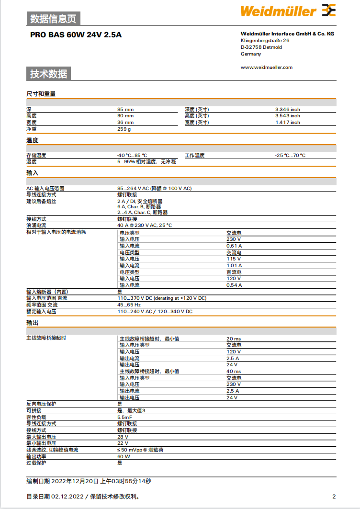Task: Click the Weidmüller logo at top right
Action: [x=288, y=11]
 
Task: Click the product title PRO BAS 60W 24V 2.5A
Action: [x=76, y=34]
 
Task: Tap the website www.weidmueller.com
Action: [x=266, y=68]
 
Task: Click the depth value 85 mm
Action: [x=125, y=110]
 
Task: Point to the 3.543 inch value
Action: [x=287, y=116]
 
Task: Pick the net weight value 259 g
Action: [x=124, y=129]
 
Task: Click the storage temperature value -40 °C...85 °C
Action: [x=132, y=156]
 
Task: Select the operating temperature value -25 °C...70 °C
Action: [x=290, y=156]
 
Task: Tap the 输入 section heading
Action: [x=32, y=172]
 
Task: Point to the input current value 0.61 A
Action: [x=234, y=246]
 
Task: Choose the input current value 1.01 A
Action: [x=234, y=265]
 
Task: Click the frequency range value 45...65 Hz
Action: [x=129, y=305]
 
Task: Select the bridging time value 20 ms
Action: [x=234, y=339]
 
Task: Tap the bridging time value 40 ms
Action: [x=234, y=371]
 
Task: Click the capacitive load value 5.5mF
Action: [x=125, y=417]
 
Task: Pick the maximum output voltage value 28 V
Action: [x=123, y=437]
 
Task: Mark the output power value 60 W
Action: [x=124, y=456]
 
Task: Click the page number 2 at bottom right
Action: [x=334, y=497]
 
